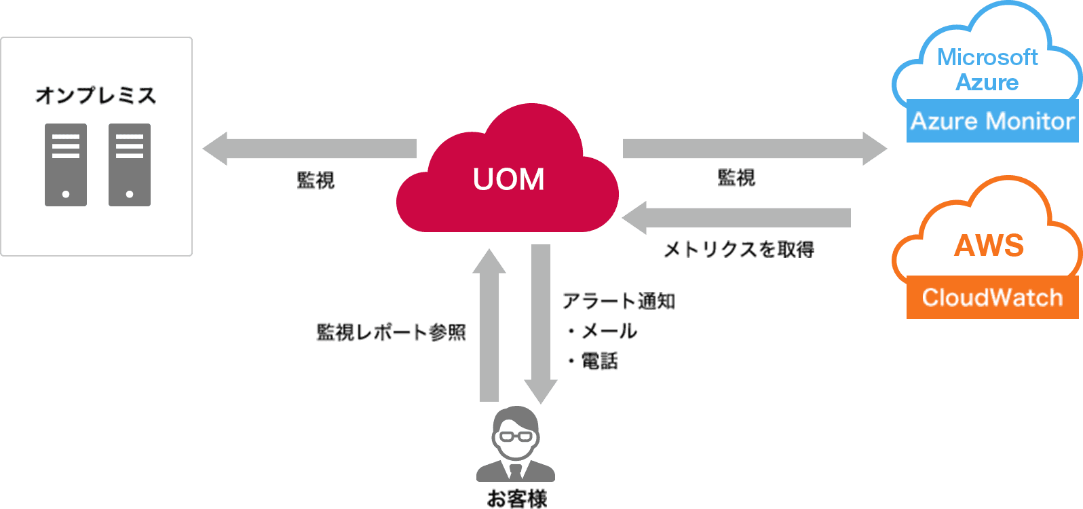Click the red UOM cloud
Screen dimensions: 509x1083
pyautogui.click(x=508, y=178)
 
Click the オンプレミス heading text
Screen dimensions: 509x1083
pyautogui.click(x=96, y=96)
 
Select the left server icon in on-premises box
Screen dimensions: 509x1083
pyautogui.click(x=66, y=165)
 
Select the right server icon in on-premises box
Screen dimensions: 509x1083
pyautogui.click(x=130, y=165)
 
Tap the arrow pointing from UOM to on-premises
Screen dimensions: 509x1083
pyautogui.click(x=309, y=149)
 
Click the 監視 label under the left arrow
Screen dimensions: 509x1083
pyautogui.click(x=316, y=181)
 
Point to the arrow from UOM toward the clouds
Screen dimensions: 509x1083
pyautogui.click(x=753, y=149)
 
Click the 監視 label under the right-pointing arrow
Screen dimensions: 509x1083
pyautogui.click(x=736, y=178)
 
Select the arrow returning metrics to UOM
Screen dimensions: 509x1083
pyautogui.click(x=736, y=218)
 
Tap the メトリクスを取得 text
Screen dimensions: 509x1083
pyautogui.click(x=738, y=250)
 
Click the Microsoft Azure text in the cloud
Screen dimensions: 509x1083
pyautogui.click(x=987, y=69)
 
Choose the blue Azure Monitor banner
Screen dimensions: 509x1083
pyautogui.click(x=992, y=121)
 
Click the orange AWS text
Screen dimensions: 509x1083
pyautogui.click(x=989, y=246)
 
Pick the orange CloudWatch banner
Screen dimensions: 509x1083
pyautogui.click(x=992, y=298)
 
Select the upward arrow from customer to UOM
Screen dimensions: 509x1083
pyautogui.click(x=489, y=326)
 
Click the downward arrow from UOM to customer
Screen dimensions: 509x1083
pyautogui.click(x=541, y=322)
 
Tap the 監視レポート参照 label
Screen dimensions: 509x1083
pyautogui.click(x=391, y=333)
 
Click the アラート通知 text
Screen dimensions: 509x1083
pyautogui.click(x=618, y=301)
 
